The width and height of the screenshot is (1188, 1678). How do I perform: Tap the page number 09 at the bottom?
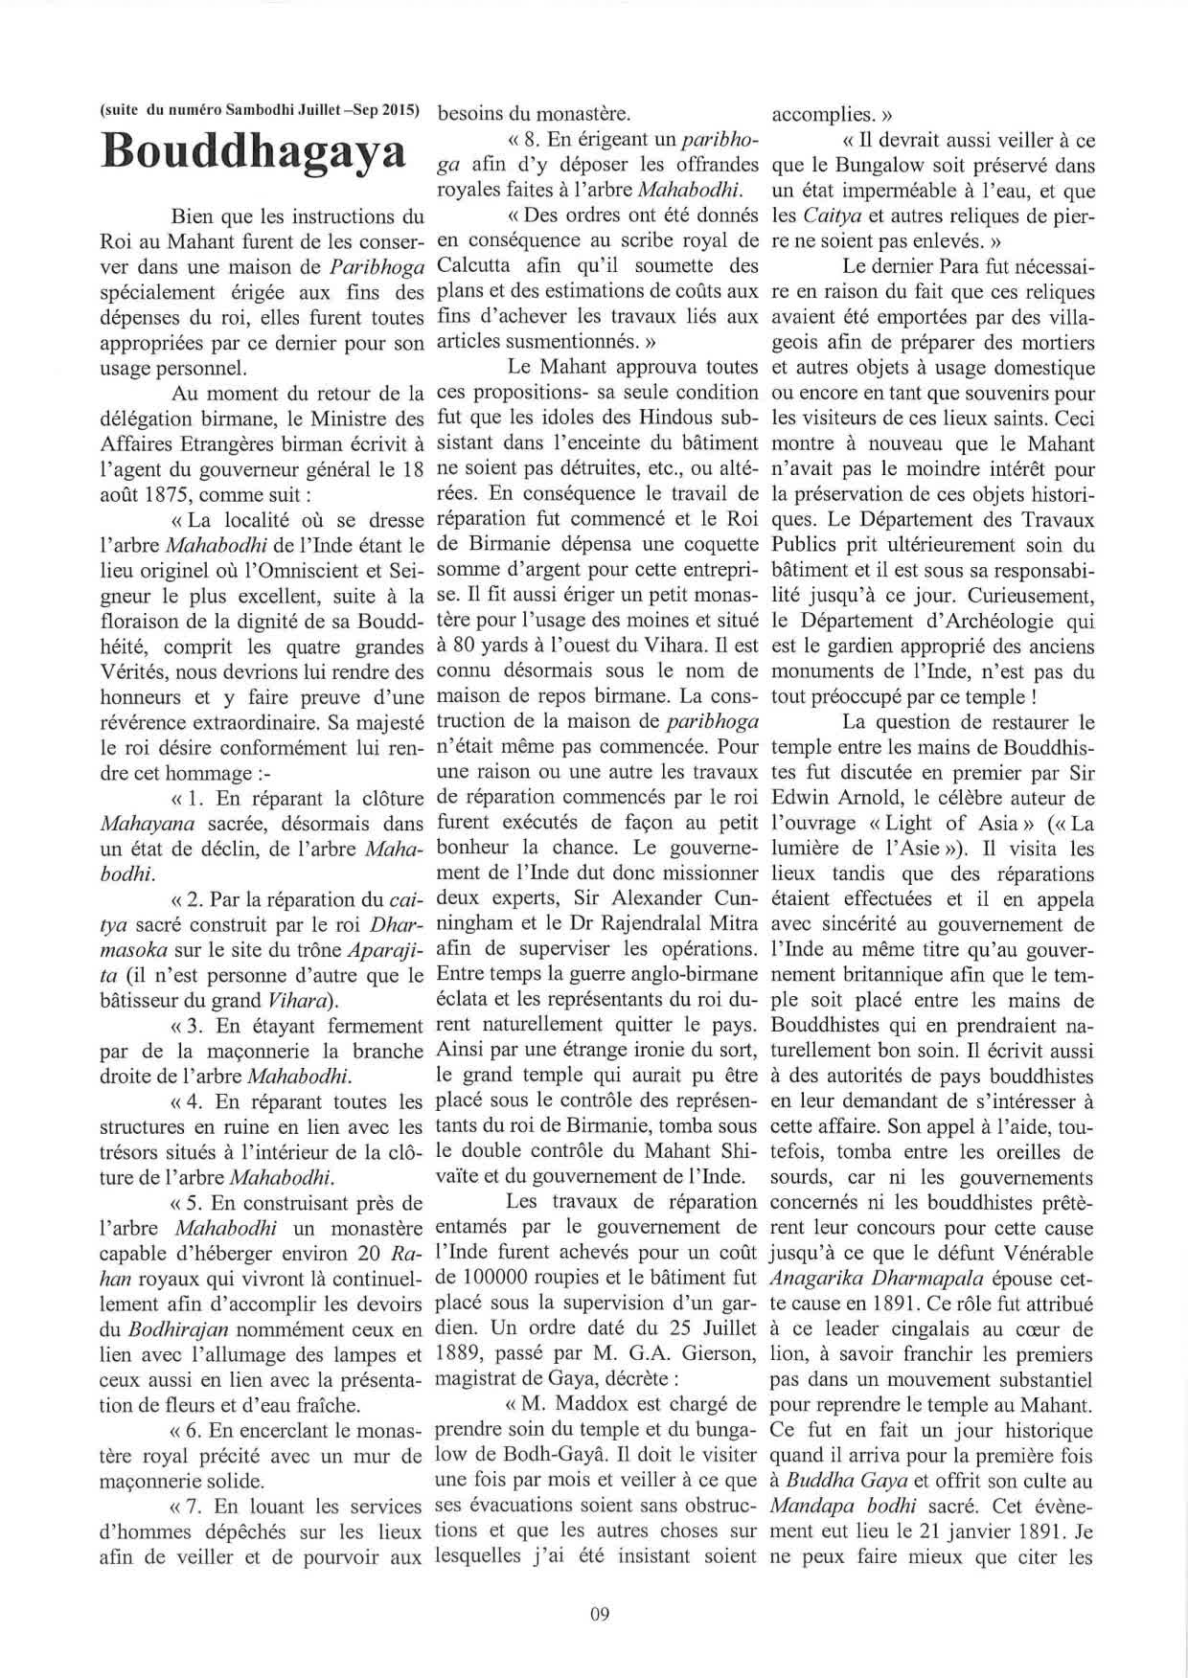tap(601, 1613)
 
